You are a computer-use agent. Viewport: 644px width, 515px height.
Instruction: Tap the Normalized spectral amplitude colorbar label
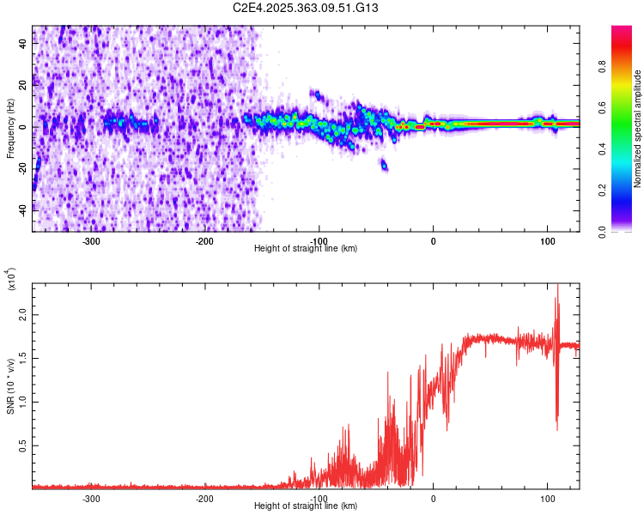[x=638, y=130]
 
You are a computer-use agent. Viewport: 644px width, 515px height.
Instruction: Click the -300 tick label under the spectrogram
[x=90, y=241]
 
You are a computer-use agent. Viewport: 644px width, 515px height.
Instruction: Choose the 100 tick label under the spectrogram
[x=547, y=241]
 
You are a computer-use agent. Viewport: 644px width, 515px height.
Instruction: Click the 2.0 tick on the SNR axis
[x=22, y=316]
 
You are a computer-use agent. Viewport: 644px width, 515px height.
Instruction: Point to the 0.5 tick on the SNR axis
[x=22, y=446]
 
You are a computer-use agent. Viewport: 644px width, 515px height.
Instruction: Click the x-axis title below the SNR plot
[x=306, y=506]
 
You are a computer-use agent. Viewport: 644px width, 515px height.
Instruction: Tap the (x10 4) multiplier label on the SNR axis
[x=12, y=279]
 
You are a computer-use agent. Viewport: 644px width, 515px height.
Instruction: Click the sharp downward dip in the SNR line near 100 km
[x=557, y=425]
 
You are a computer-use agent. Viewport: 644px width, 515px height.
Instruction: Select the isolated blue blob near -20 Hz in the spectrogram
[x=384, y=165]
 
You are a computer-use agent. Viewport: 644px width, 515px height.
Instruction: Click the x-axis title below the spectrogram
[x=306, y=249]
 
